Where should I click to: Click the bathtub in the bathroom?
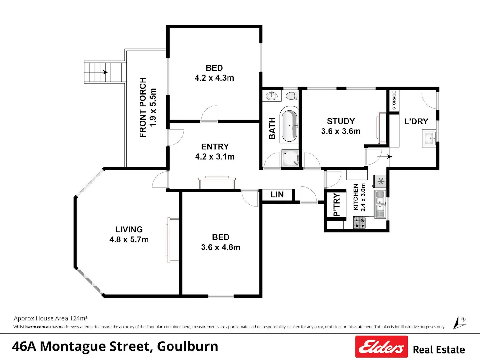(x=289, y=124)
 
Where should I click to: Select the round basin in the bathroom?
(x=272, y=96)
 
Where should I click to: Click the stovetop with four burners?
(x=359, y=223)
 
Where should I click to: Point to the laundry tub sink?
(x=429, y=138)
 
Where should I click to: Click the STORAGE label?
(x=394, y=100)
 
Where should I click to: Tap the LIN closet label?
(x=277, y=194)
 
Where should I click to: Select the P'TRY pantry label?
(x=337, y=205)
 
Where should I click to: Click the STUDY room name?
(x=341, y=121)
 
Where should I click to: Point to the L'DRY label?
(x=416, y=121)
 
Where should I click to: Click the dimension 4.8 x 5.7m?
(x=129, y=240)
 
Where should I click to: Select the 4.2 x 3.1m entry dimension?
(x=215, y=157)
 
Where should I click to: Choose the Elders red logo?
(x=381, y=347)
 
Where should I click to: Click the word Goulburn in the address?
(x=188, y=347)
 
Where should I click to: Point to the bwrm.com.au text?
(x=38, y=327)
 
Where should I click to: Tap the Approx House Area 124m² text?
(x=51, y=318)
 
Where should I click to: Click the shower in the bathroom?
(x=290, y=158)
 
